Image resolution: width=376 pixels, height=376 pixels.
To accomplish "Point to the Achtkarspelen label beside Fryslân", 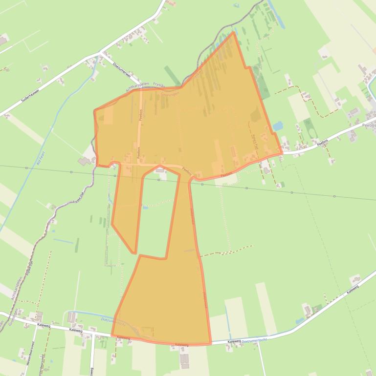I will click(x=138, y=87).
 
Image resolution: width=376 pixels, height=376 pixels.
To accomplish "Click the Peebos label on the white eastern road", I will click(x=368, y=125).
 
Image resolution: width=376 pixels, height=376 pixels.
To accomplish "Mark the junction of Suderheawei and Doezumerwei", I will click(x=100, y=54).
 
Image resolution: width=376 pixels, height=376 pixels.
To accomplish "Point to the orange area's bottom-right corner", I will click(x=211, y=343).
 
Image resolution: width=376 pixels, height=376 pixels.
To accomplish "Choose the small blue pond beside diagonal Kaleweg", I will click(x=299, y=321).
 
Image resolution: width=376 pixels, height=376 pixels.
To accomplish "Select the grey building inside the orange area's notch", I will click(x=160, y=170).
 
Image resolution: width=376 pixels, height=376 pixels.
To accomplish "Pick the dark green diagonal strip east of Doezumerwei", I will click(x=172, y=75).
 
